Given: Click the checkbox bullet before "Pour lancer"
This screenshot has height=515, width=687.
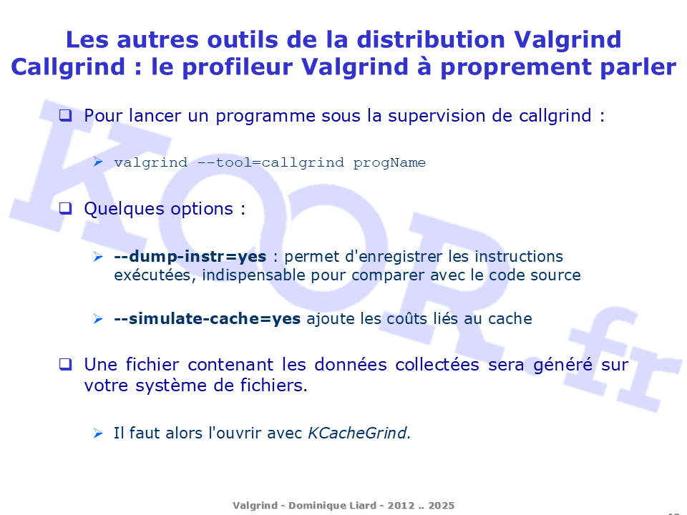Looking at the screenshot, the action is tap(65, 115).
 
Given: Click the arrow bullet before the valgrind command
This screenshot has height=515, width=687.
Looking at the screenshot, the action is tap(98, 162).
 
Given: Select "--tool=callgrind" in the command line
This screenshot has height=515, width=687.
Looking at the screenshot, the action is tap(271, 163).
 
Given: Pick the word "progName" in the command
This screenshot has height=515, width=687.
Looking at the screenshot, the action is tap(389, 163).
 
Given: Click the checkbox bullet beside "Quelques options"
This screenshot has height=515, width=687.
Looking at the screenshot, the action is tap(65, 208).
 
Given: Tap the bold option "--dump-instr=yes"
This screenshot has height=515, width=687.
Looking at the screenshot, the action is tap(190, 257).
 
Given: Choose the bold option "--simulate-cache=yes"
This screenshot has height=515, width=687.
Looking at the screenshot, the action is tap(208, 319).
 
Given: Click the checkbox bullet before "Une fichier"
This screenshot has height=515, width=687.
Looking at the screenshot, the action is tap(65, 364).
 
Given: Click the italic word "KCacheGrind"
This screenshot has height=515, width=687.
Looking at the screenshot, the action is tap(358, 433).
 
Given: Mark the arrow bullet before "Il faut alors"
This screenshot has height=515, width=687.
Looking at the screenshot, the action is tap(98, 433).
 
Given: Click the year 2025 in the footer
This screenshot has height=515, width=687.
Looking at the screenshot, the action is tap(442, 506).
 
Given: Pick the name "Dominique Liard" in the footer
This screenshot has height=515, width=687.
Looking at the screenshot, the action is tap(332, 506).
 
